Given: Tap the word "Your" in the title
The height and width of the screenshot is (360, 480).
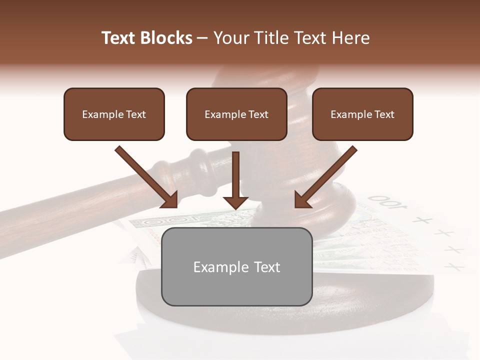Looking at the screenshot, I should pyautogui.click(x=230, y=38).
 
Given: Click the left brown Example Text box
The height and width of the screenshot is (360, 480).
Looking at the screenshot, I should pyautogui.click(x=114, y=114).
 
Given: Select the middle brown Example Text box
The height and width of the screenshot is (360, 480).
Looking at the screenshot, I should pyautogui.click(x=236, y=114).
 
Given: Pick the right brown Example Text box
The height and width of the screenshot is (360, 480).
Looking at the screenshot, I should pyautogui.click(x=362, y=114).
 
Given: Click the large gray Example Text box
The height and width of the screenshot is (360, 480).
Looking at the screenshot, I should pyautogui.click(x=236, y=266).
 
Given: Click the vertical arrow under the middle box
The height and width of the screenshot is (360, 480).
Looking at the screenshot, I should pyautogui.click(x=235, y=177).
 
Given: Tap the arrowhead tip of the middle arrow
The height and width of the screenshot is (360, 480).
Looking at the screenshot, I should pyautogui.click(x=235, y=208).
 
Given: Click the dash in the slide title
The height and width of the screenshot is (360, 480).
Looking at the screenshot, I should pyautogui.click(x=202, y=38).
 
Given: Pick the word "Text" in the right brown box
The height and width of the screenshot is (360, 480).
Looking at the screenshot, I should pyautogui.click(x=384, y=114).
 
